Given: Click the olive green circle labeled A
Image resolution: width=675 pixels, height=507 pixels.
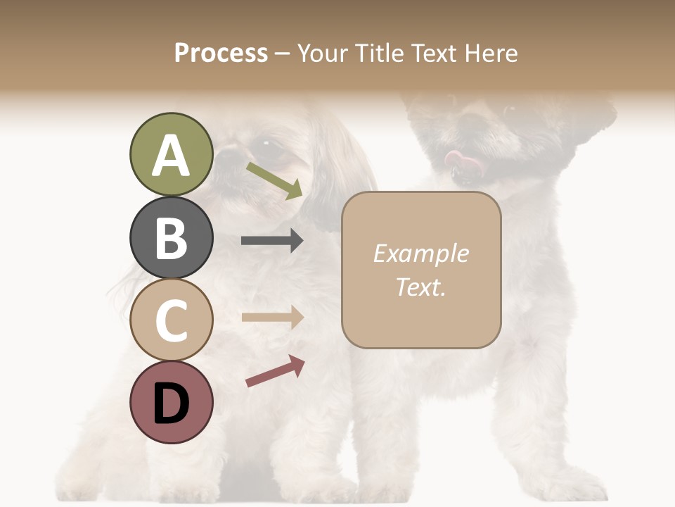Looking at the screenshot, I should (171, 154).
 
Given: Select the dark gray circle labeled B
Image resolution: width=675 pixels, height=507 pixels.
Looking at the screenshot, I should (171, 237).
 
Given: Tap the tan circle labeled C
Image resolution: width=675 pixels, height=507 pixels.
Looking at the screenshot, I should (171, 320).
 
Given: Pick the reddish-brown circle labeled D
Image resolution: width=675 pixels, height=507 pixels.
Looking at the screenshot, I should (171, 402).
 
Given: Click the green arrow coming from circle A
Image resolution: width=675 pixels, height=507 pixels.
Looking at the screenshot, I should (275, 180).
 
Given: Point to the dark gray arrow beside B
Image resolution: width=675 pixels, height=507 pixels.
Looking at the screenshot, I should (272, 241).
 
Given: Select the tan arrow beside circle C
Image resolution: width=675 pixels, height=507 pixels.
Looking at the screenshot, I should (272, 317).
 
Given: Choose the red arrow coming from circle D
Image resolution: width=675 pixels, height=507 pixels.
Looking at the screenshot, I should (275, 371).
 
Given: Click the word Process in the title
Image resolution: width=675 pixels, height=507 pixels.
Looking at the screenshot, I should (221, 53).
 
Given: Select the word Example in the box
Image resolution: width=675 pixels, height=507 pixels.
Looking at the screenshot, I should (420, 254).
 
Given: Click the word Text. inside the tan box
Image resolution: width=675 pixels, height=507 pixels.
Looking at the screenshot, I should (420, 287).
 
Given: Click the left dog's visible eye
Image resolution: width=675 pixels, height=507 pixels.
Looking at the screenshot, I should (266, 144).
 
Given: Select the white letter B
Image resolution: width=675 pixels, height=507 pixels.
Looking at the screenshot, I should (171, 238).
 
